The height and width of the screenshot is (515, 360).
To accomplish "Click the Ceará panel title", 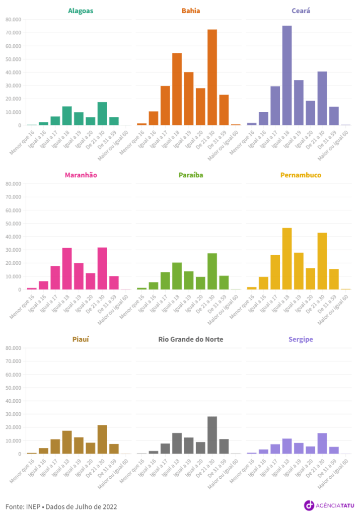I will (300, 11).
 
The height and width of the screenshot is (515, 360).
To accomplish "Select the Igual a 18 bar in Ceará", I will (287, 76).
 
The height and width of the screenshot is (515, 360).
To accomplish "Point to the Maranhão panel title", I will (81, 175).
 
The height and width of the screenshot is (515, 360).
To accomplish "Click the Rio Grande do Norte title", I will (190, 339).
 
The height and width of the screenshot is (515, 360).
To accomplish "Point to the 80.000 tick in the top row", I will (13, 20).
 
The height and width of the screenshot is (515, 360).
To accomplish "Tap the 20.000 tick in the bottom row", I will (13, 427).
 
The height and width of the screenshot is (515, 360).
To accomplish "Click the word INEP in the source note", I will (34, 506).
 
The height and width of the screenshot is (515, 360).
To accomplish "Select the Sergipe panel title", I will (300, 339).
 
